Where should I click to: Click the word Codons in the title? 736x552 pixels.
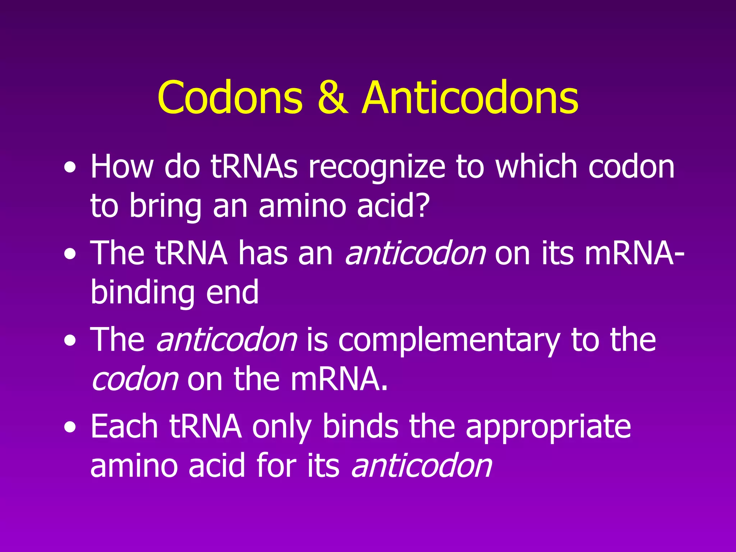(x=230, y=98)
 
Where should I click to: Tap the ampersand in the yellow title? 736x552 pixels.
(x=333, y=98)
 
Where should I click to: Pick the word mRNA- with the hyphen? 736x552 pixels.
(x=634, y=254)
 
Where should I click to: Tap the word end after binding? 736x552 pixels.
(x=232, y=293)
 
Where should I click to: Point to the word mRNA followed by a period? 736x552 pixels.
(x=339, y=379)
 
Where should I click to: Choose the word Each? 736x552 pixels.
(x=124, y=426)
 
